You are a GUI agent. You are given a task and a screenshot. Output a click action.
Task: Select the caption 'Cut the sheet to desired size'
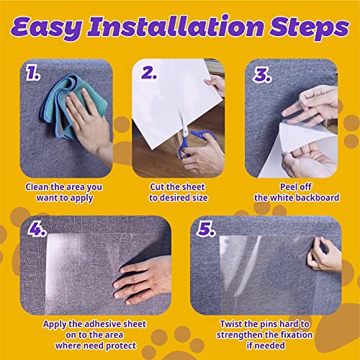click(x=179, y=192)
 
